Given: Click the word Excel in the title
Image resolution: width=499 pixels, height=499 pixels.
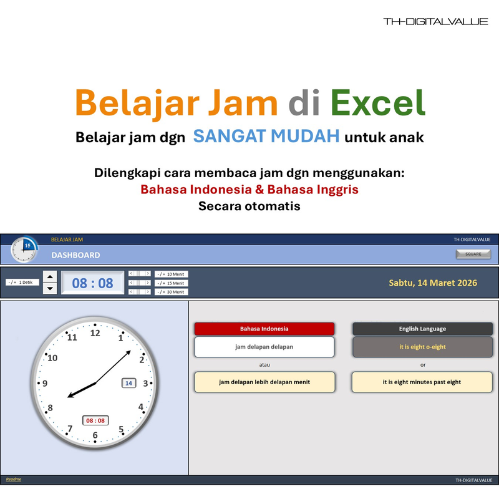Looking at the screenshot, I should pyautogui.click(x=378, y=103).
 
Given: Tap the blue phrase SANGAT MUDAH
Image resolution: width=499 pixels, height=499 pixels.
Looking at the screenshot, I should pyautogui.click(x=266, y=136).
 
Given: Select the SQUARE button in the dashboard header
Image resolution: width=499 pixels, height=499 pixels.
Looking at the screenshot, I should pyautogui.click(x=473, y=254).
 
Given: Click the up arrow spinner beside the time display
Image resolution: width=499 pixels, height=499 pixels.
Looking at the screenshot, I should pyautogui.click(x=50, y=277).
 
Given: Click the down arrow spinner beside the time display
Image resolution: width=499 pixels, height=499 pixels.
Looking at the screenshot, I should pyautogui.click(x=50, y=289).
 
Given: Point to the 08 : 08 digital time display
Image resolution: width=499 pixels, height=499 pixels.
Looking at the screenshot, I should pyautogui.click(x=93, y=283).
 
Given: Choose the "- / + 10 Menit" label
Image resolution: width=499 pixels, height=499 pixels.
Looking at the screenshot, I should pyautogui.click(x=171, y=274).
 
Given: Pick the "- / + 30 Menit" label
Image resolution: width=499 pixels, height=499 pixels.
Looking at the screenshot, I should pyautogui.click(x=171, y=292).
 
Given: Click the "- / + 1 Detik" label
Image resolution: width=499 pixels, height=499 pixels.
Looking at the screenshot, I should pyautogui.click(x=23, y=283).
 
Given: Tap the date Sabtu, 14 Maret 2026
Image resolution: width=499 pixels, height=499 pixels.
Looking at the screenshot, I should pyautogui.click(x=433, y=283).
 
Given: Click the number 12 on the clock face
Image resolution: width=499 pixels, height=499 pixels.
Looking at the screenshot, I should pyautogui.click(x=95, y=333).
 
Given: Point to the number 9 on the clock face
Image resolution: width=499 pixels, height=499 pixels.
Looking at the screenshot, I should pyautogui.click(x=44, y=384).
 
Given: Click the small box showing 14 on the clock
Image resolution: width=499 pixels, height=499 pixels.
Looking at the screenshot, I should pyautogui.click(x=128, y=383).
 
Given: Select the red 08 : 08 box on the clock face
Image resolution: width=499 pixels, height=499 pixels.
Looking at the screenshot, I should pyautogui.click(x=95, y=420).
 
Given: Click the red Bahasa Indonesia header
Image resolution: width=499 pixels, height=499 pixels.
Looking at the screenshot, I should pyautogui.click(x=264, y=329).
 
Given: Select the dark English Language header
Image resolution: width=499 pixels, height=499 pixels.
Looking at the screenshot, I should pyautogui.click(x=422, y=329).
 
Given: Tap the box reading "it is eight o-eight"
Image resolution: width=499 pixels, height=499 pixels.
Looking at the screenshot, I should pyautogui.click(x=422, y=347).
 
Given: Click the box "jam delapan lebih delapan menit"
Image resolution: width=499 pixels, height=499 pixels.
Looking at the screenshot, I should pyautogui.click(x=264, y=382).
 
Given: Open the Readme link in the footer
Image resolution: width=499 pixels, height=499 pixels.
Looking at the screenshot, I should pyautogui.click(x=13, y=479).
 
